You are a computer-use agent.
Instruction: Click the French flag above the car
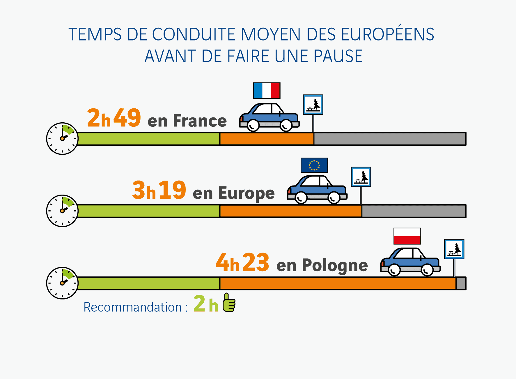tap(267, 91)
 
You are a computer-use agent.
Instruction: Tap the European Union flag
tap(314, 165)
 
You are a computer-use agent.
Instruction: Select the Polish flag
tap(407, 236)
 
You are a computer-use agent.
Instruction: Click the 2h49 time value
tap(114, 118)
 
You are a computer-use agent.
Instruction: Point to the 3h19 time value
tap(159, 190)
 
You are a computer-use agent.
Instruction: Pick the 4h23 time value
tap(242, 262)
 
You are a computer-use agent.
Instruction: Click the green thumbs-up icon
tap(229, 302)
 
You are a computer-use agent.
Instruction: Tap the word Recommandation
tap(133, 307)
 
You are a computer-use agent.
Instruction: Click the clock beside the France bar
tap(62, 139)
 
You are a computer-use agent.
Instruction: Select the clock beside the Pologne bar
tap(62, 283)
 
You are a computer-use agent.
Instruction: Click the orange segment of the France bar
tap(267, 139)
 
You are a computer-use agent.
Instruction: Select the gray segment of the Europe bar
tap(414, 211)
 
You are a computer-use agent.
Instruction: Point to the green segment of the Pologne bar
tap(149, 283)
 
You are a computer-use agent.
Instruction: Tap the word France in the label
tap(200, 121)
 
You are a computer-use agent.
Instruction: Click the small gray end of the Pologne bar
tap(461, 283)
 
